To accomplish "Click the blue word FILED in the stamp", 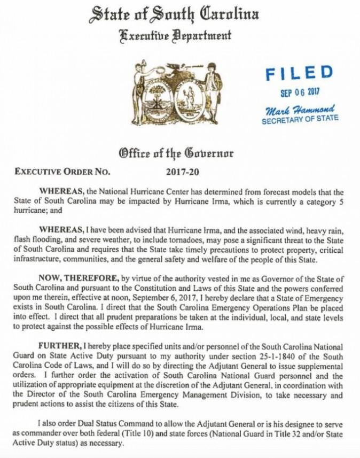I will (x=299, y=73).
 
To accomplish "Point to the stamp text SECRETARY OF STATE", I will (x=300, y=120).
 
